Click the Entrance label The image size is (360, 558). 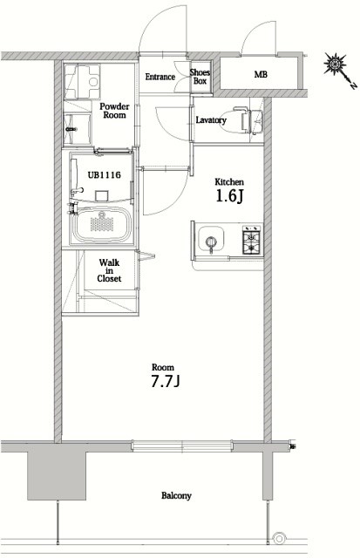pos(160,77)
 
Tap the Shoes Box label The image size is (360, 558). pos(200,77)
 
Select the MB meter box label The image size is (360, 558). pos(261,74)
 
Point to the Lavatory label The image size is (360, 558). pos(211,120)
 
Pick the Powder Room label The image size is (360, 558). pos(114,111)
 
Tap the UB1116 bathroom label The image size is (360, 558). pos(105,175)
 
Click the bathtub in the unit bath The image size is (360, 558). pos(102,225)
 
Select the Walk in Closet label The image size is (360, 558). pos(109,270)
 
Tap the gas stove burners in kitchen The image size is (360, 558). pos(253,240)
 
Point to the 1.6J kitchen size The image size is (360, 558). pos(229,195)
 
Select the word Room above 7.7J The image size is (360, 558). pos(163,367)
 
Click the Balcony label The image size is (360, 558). pos(176,495)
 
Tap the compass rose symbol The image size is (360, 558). pos(335,64)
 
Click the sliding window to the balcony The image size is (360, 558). pos(182,446)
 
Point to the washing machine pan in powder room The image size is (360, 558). pos(83,82)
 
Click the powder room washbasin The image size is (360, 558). pos(77,129)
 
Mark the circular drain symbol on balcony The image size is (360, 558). pos(280,538)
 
